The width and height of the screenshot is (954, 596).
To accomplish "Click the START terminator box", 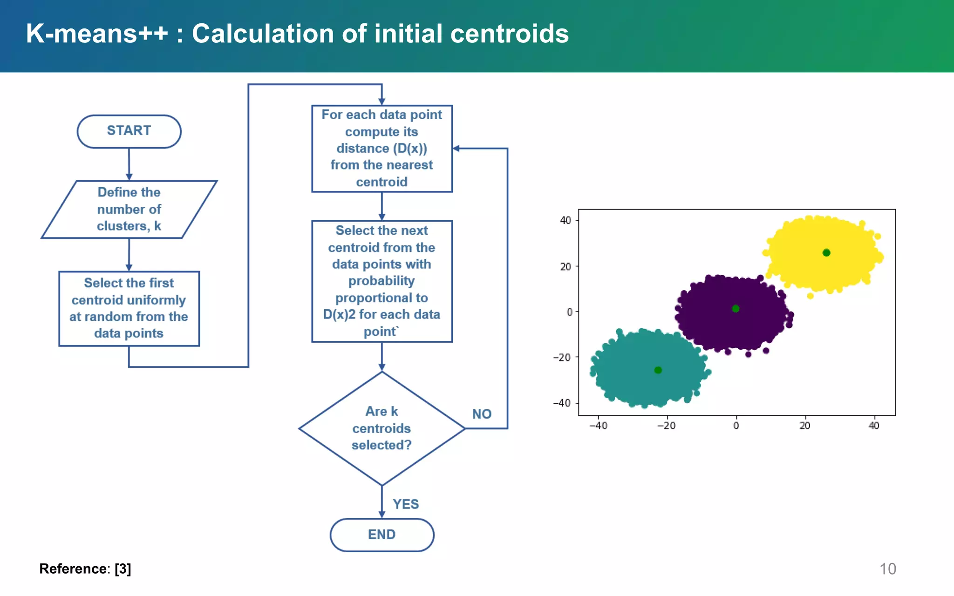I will pyautogui.click(x=129, y=131).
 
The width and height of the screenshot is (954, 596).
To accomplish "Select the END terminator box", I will pyautogui.click(x=382, y=535).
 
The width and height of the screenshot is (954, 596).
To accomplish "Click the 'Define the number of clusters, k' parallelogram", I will pyautogui.click(x=129, y=209).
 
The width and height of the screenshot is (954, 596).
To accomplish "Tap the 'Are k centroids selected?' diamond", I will pyautogui.click(x=382, y=428).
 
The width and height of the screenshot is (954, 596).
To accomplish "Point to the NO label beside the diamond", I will pyautogui.click(x=482, y=414).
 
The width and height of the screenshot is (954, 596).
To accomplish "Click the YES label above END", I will pyautogui.click(x=405, y=504).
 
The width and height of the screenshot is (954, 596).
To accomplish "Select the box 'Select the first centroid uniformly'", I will pyautogui.click(x=129, y=308).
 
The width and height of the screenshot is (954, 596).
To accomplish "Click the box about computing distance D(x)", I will pyautogui.click(x=382, y=148).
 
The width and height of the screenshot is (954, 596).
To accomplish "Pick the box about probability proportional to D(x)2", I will pyautogui.click(x=382, y=281).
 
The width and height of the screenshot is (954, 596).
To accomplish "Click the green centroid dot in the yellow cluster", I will pyautogui.click(x=826, y=253).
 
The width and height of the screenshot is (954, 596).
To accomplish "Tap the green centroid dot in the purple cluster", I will pyautogui.click(x=736, y=309).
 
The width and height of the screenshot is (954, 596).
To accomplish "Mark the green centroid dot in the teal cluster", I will pyautogui.click(x=658, y=370).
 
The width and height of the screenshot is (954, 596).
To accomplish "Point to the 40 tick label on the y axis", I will pyautogui.click(x=565, y=220).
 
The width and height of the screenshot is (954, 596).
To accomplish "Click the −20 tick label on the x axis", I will pyautogui.click(x=666, y=426).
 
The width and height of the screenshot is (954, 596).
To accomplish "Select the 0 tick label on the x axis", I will pyautogui.click(x=736, y=426).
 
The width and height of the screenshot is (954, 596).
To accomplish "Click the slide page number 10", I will pyautogui.click(x=887, y=569).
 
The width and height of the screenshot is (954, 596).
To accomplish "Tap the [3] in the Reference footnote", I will pyautogui.click(x=123, y=569).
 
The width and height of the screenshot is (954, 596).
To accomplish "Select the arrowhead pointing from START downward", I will pyautogui.click(x=129, y=177).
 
